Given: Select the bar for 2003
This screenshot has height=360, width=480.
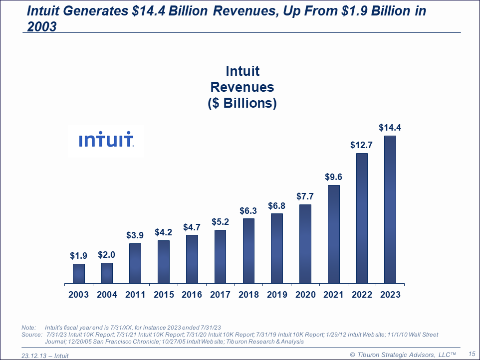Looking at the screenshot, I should click(79, 273).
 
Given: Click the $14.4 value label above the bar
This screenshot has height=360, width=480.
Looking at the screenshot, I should click(390, 128).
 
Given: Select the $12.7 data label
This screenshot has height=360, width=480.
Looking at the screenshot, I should click(362, 145).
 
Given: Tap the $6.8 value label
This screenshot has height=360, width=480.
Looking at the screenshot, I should click(277, 205).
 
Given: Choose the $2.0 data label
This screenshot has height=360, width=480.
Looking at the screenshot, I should click(107, 255).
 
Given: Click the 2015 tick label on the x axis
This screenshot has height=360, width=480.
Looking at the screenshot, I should click(164, 295).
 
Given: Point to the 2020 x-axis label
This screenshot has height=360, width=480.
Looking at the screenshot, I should click(305, 295).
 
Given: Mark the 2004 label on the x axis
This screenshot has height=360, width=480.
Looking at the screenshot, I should click(107, 295).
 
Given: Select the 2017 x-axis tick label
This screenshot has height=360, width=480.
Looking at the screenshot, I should click(220, 295).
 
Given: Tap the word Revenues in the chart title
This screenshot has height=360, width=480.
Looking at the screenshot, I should click(242, 87).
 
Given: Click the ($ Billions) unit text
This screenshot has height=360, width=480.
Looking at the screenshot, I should click(242, 104).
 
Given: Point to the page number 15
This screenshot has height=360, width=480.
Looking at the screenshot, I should click(472, 354).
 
